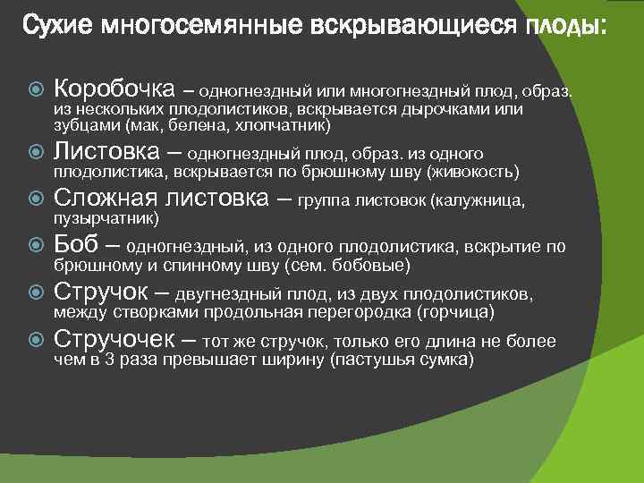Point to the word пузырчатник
pyautogui.click(x=106, y=218)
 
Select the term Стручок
pyautogui.click(x=104, y=292)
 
